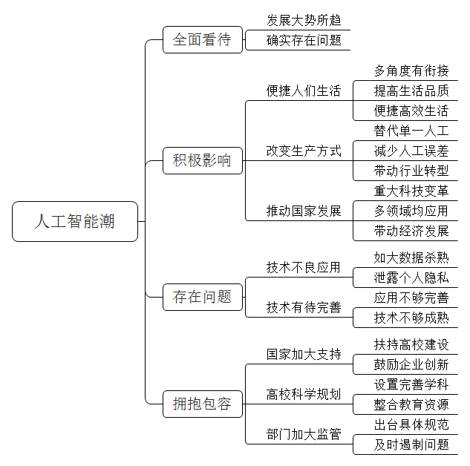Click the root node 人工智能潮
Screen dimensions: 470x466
pos(75,221)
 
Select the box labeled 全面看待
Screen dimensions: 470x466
pos(203,39)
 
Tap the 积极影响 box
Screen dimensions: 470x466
pos(203,160)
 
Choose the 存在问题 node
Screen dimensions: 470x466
pos(203,297)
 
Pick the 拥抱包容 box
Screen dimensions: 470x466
pos(203,404)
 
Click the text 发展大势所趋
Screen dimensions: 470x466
pos(304,20)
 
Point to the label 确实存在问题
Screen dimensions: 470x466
pos(304,40)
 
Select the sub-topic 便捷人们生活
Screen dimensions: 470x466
pos(304,91)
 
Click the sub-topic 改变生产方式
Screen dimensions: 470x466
pos(304,151)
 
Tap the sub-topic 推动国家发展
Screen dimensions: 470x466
pos(304,211)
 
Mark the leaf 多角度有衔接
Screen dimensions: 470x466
pos(411,71)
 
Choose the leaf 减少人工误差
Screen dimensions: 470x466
pos(411,151)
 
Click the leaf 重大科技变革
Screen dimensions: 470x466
pos(411,191)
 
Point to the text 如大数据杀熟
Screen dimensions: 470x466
pos(411,257)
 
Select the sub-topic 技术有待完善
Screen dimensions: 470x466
pos(304,307)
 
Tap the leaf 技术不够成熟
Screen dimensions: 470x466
pos(411,318)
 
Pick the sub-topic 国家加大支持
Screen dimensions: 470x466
pos(304,354)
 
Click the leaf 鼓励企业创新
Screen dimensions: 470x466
pos(411,365)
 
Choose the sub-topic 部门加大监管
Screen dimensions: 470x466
pos(304,434)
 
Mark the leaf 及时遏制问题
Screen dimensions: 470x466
pos(411,444)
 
